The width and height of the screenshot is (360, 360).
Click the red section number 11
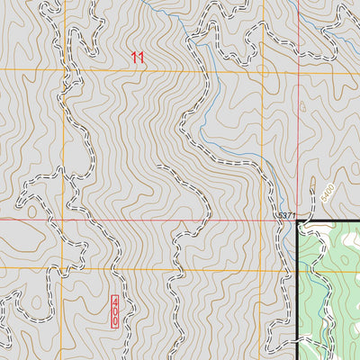coord(137,58)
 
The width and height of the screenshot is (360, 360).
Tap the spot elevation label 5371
coord(286,216)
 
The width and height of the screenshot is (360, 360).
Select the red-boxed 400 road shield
coord(115,310)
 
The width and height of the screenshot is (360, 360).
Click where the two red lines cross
coord(298,219)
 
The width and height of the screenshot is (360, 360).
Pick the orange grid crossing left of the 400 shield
coord(64,268)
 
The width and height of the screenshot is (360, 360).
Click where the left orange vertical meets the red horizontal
coord(64,219)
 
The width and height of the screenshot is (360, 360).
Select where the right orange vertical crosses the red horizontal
coord(263,219)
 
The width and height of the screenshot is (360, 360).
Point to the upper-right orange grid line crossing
coord(263,70)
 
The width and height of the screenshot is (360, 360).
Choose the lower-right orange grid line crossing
coord(263,268)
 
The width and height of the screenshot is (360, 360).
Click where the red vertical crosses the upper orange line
coord(298,70)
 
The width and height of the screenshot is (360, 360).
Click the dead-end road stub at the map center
coord(157,167)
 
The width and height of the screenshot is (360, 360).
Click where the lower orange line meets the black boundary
coord(298,268)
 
